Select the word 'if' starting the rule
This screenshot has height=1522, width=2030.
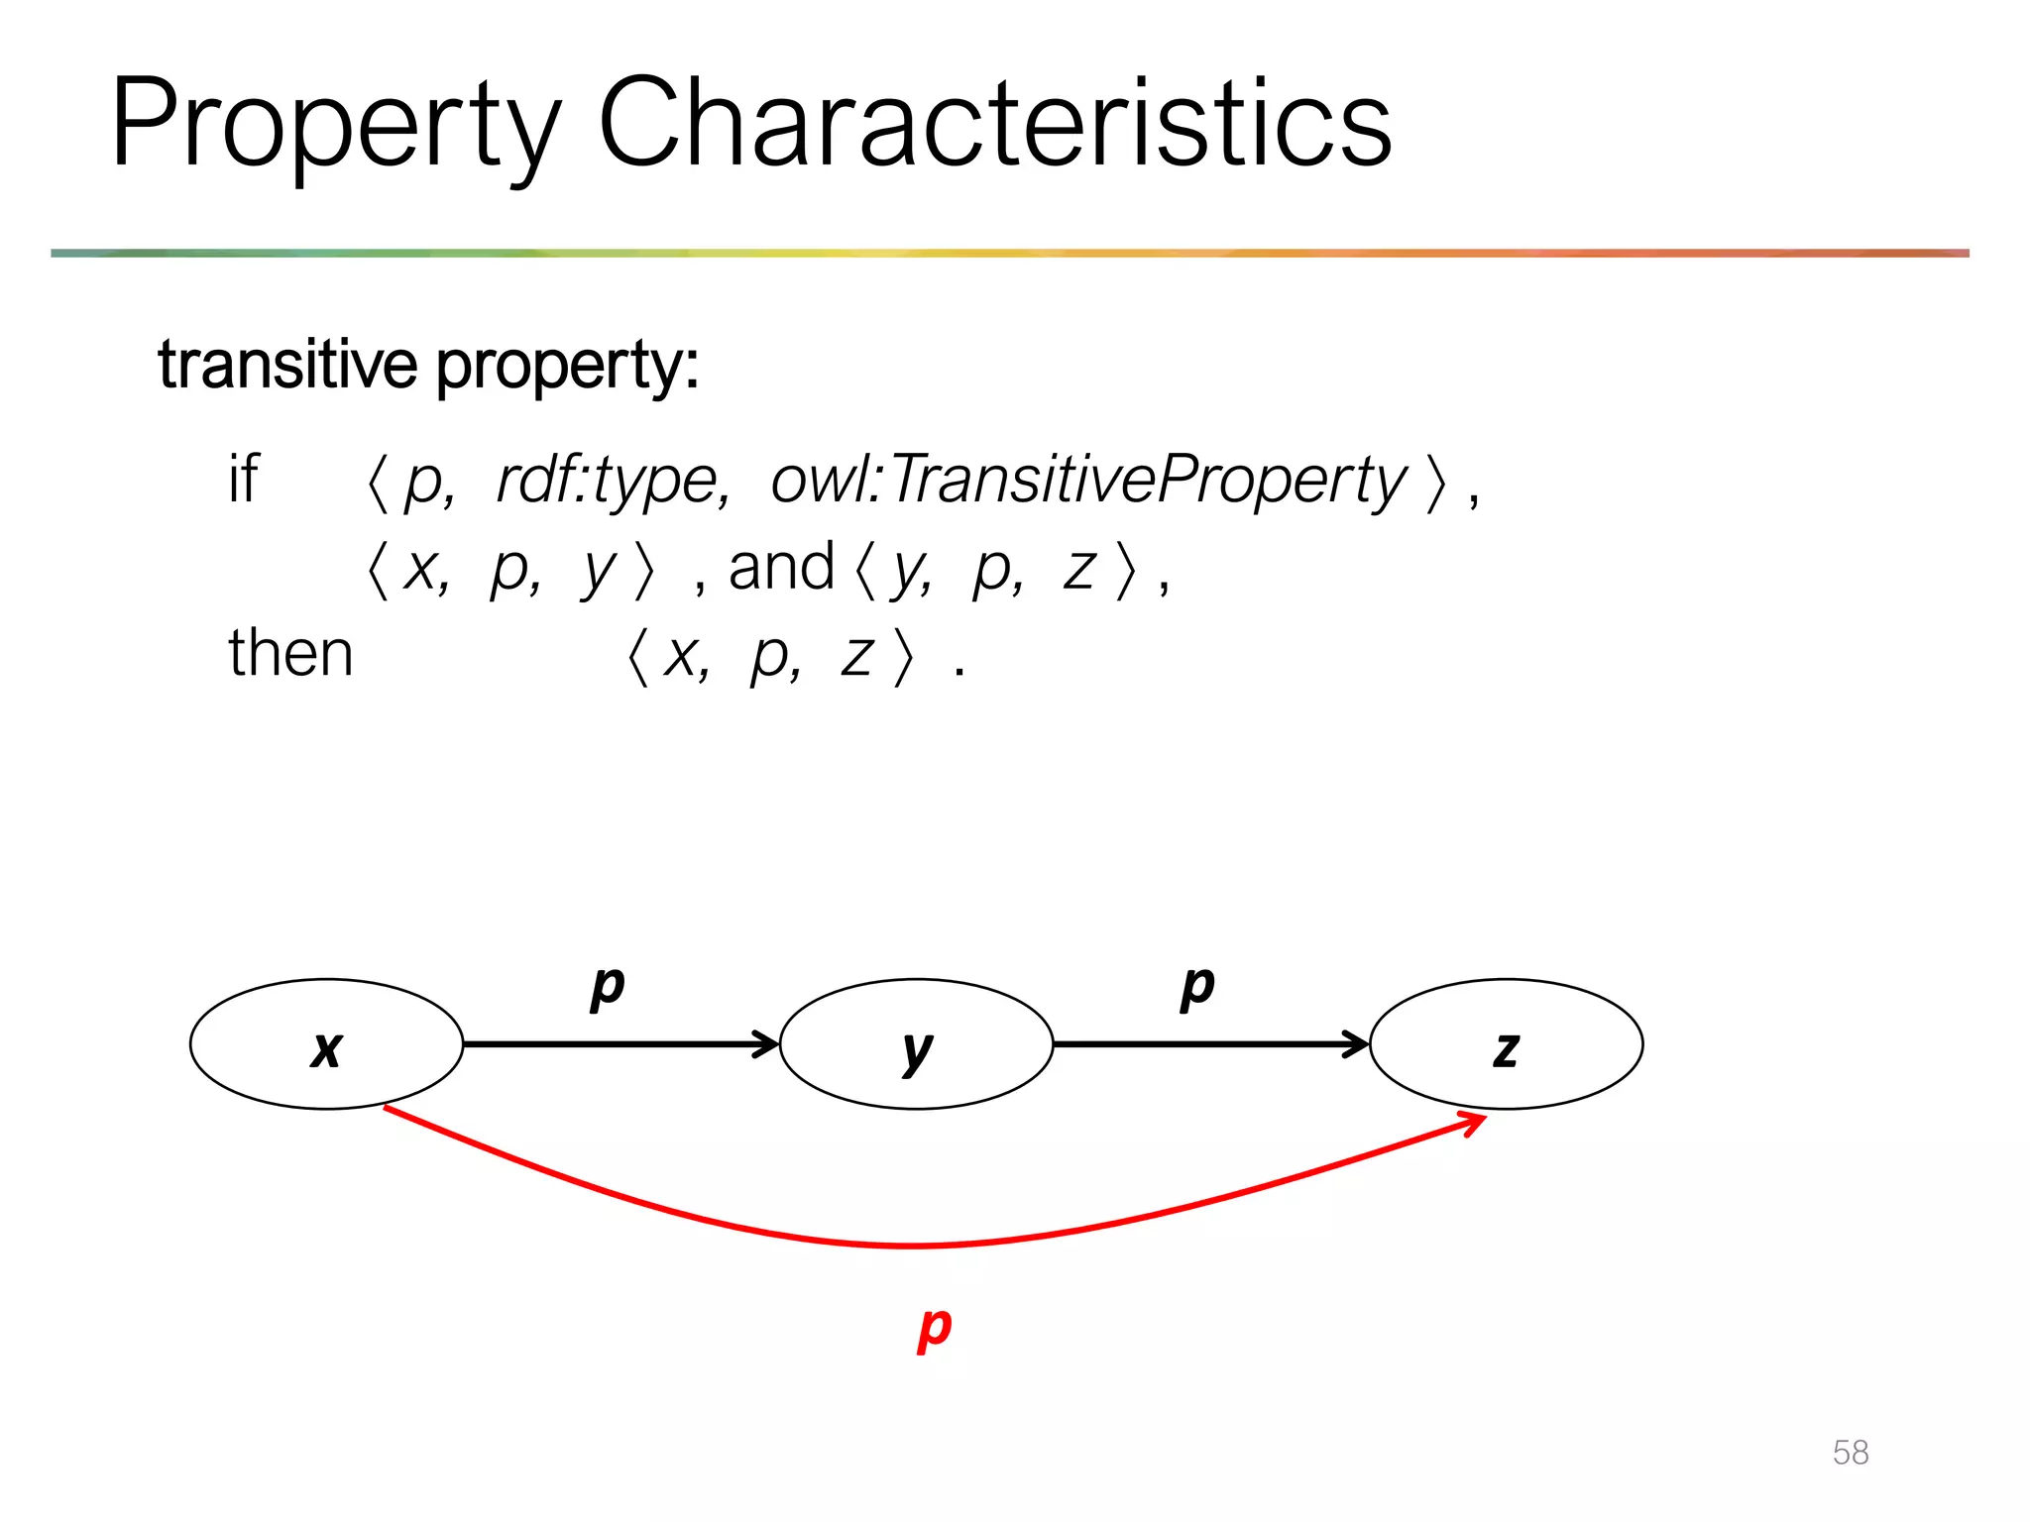click(243, 480)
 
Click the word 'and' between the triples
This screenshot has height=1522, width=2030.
click(781, 568)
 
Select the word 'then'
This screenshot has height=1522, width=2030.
click(290, 654)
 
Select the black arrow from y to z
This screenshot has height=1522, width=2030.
click(1209, 1044)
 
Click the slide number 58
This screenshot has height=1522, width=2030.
click(1850, 1453)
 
